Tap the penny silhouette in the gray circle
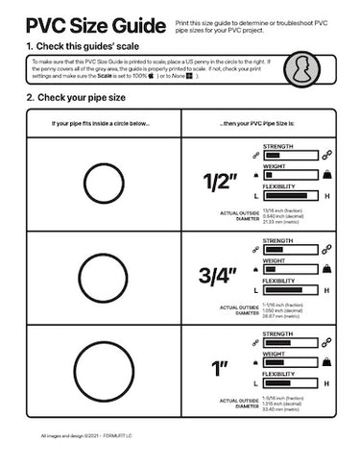point(304,70)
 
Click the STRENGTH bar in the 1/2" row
point(289,155)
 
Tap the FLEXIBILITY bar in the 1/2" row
point(289,195)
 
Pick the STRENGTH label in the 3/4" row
point(277,241)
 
